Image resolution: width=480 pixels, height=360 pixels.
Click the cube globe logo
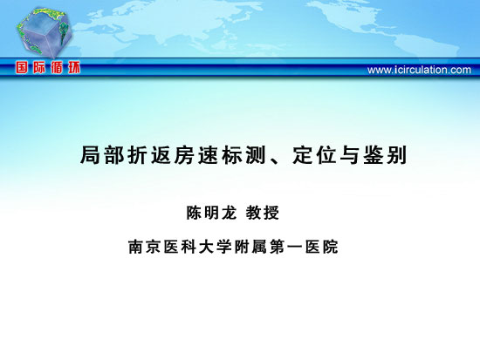(45, 32)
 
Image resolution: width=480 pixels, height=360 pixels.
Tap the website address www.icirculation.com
(419, 70)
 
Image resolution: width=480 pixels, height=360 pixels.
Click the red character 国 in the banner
(22, 67)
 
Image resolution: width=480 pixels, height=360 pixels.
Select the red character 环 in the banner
(74, 67)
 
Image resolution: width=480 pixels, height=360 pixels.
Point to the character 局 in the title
(91, 155)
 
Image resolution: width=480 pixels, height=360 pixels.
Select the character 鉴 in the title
(374, 155)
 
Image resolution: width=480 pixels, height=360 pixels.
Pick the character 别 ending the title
(397, 155)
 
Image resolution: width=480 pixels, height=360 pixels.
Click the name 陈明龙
(211, 213)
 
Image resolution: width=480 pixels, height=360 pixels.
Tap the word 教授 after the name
(263, 213)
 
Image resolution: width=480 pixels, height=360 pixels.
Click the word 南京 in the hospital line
(145, 247)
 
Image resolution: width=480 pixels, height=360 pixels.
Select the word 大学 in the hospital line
(216, 247)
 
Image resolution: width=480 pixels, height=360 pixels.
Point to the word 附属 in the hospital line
(250, 247)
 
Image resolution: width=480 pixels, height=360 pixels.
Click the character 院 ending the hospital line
(330, 247)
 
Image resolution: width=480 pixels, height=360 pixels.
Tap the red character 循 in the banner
(57, 67)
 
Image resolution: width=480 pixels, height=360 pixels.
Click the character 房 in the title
(185, 155)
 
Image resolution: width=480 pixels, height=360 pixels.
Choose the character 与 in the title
(350, 155)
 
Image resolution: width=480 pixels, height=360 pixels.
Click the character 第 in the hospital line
(278, 247)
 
